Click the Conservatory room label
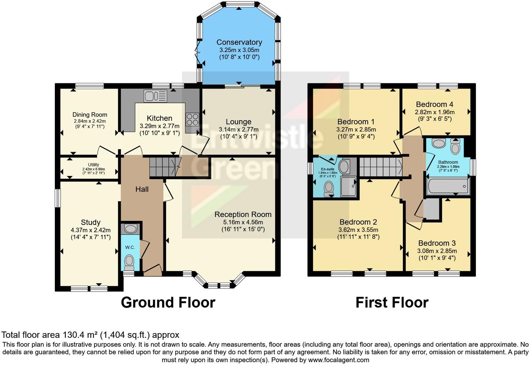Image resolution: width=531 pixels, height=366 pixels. click(239, 42)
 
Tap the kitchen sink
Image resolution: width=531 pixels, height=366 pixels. click(155, 96)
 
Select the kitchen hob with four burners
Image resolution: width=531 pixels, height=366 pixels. click(192, 119)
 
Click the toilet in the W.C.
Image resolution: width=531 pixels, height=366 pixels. click(130, 261)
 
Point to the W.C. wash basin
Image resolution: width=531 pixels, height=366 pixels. click(131, 229)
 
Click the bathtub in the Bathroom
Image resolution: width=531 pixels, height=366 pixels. click(448, 186)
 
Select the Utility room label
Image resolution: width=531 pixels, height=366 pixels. click(93, 165)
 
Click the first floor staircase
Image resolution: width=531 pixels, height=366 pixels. click(380, 167)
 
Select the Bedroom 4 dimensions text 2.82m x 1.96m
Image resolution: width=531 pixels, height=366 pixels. click(435, 112)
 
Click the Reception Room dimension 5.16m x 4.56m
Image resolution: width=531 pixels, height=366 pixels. click(243, 222)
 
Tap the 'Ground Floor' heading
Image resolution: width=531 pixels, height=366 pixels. click(168, 302)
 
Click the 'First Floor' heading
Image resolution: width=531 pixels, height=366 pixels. click(392, 302)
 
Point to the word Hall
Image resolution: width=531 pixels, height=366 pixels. click(142, 189)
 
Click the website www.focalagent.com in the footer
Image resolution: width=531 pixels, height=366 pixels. click(339, 360)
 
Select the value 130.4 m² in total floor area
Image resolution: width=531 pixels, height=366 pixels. click(80, 335)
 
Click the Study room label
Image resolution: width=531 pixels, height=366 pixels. click(90, 222)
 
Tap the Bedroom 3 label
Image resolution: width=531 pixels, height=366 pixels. click(437, 243)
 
